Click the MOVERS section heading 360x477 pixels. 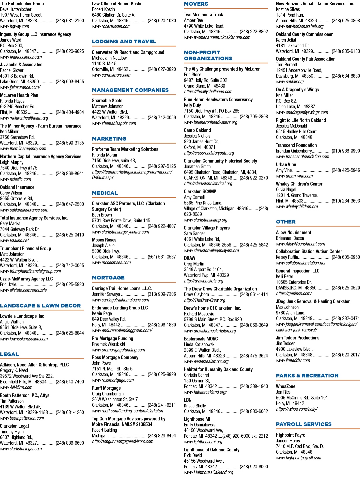coord(196,4)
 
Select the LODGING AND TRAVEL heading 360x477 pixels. coord(124,42)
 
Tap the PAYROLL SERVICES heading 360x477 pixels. coord(304,424)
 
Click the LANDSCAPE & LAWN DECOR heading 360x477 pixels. coord(40,306)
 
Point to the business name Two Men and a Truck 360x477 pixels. coord(203,15)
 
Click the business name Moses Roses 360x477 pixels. coord(104,240)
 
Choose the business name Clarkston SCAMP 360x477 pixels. coord(200,192)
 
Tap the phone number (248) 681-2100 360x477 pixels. coord(70,21)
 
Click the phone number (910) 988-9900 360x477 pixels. coord(346,151)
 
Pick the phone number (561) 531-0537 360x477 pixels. coord(162,257)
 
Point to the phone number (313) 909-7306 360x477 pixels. coord(162,294)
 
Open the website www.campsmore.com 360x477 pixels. coord(111,75)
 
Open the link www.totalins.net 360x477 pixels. coord(14,240)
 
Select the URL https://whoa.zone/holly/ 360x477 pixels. coord(297,409)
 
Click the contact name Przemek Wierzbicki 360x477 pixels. coord(108,344)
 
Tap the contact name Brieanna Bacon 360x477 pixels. coord(290,238)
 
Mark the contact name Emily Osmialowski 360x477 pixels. coord(200,425)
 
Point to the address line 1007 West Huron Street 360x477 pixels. coord(21,15)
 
